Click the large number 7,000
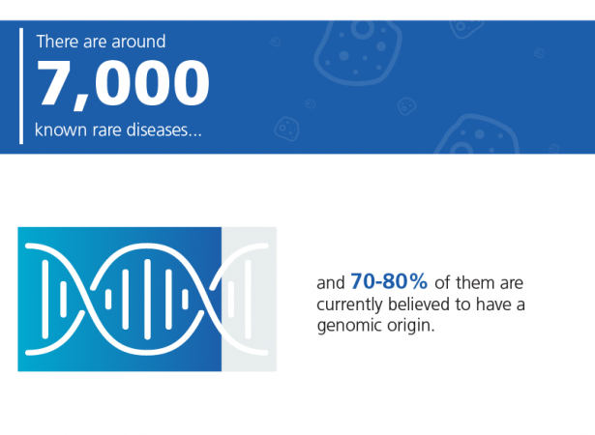[x=123, y=84]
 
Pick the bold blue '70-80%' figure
[x=389, y=281]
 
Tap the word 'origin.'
[x=411, y=326]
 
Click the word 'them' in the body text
[x=475, y=283]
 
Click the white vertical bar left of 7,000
[x=21, y=86]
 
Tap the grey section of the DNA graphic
[x=249, y=299]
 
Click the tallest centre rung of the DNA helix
[x=148, y=300]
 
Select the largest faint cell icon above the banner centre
[x=357, y=51]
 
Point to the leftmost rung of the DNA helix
[x=45, y=299]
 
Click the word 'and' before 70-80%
[x=331, y=283]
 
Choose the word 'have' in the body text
[x=493, y=304]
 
